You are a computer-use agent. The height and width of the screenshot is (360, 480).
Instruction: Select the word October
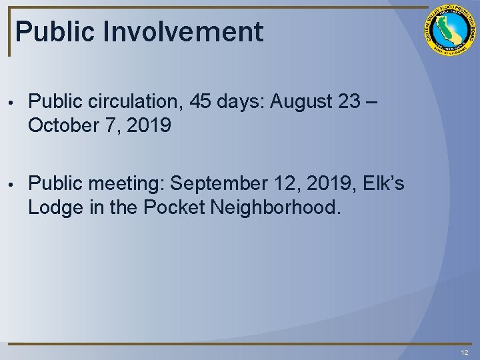(x=62, y=125)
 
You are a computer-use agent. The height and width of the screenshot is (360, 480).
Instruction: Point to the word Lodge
(x=54, y=207)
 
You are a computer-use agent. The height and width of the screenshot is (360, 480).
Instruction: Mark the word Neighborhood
(x=275, y=207)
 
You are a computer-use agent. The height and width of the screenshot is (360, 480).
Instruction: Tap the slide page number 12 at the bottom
(x=464, y=352)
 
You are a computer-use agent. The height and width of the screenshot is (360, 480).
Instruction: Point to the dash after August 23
(x=372, y=101)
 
